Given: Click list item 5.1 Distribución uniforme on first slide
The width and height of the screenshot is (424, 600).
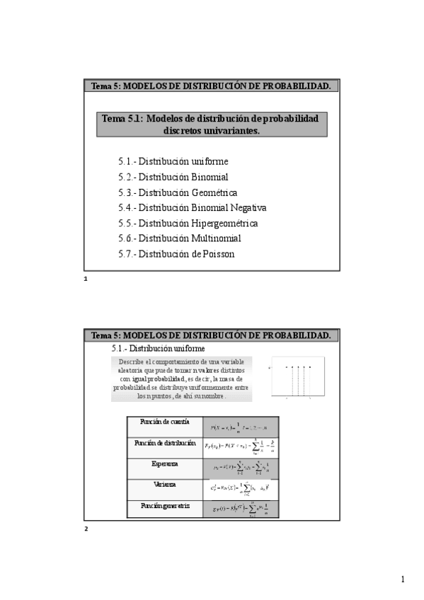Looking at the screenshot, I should (x=173, y=161).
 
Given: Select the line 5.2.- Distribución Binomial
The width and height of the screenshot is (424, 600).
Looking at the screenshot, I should (x=173, y=177).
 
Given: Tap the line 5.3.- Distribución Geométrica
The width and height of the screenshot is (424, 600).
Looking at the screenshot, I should (x=178, y=192).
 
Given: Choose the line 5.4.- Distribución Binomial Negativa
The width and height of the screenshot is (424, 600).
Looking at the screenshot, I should (x=193, y=208).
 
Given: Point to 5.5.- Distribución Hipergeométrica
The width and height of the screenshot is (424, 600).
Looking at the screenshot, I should (x=188, y=223).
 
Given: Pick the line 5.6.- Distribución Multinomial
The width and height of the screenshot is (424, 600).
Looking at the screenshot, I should (x=180, y=238).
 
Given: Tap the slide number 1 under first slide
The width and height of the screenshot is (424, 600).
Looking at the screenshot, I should (x=86, y=279).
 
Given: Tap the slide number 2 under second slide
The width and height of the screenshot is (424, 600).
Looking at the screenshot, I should (x=86, y=528).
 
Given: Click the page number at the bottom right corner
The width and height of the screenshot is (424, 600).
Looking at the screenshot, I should (x=403, y=580).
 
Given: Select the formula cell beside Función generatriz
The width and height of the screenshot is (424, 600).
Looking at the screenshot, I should (x=241, y=509).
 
